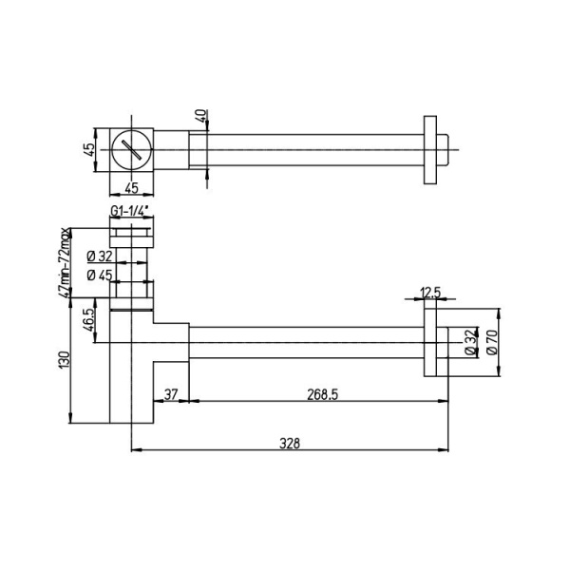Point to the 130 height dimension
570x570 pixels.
[65, 361]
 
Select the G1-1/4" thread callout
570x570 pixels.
[126, 211]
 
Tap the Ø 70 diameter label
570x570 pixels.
[491, 344]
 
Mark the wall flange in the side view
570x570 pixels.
[442, 344]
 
